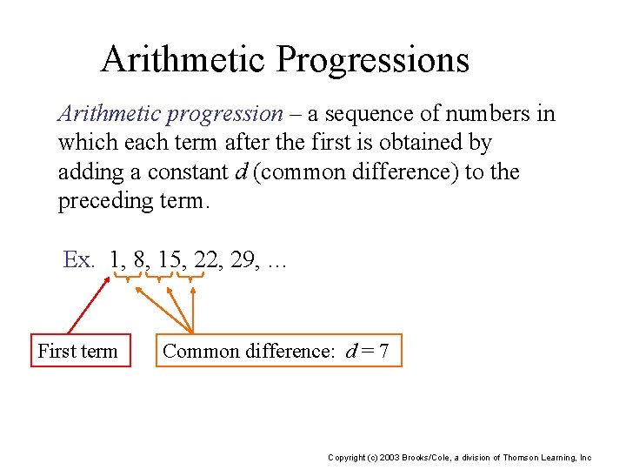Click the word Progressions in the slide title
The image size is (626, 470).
[x=373, y=59]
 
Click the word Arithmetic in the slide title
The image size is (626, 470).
[x=183, y=59]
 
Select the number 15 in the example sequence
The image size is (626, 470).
[x=159, y=259]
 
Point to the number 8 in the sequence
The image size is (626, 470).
[x=137, y=259]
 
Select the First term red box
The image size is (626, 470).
[x=80, y=351]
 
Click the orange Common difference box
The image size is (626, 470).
[x=279, y=351]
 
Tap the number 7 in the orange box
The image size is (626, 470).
[x=383, y=351]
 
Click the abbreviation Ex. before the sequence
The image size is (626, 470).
[x=79, y=259]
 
